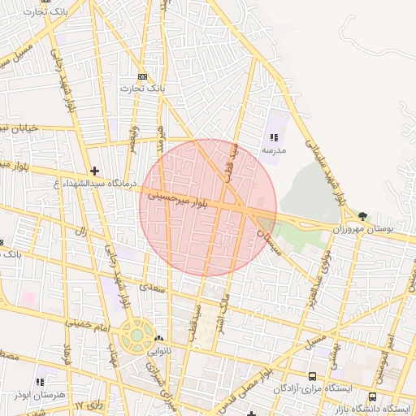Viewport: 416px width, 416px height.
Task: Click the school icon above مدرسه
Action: pyautogui.click(x=273, y=137)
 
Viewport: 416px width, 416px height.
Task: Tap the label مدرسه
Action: pyautogui.click(x=273, y=150)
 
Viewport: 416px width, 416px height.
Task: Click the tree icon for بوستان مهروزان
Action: pyautogui.click(x=362, y=216)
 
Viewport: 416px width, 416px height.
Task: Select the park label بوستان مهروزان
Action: pyautogui.click(x=384, y=230)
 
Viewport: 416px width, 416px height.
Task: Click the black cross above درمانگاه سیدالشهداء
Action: pyautogui.click(x=95, y=171)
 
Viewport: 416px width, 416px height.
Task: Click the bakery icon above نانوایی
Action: pyautogui.click(x=158, y=338)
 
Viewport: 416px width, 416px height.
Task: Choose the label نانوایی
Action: pyautogui.click(x=158, y=351)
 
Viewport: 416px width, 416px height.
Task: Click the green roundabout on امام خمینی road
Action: pyautogui.click(x=136, y=334)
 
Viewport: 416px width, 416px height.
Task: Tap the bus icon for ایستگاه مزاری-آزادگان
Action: pyautogui.click(x=312, y=376)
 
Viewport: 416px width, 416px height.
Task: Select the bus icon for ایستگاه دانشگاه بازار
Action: pyautogui.click(x=372, y=396)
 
